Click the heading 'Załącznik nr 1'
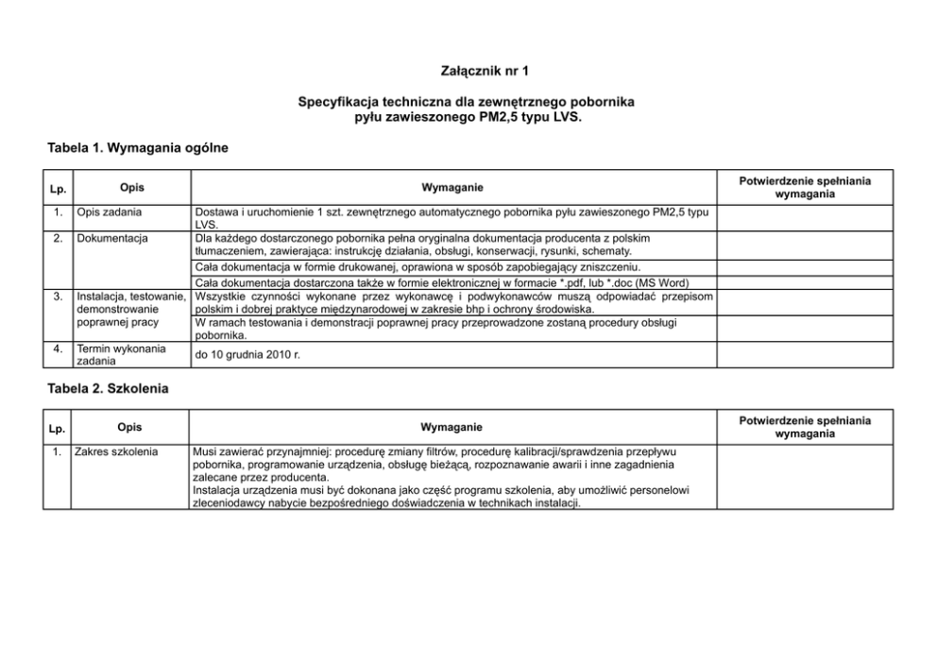click(x=468, y=71)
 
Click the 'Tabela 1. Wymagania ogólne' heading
click(x=138, y=148)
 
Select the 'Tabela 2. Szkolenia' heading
click(x=108, y=388)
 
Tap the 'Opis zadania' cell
click(x=110, y=212)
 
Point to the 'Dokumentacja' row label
click(x=112, y=238)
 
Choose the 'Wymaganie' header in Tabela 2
click(x=451, y=428)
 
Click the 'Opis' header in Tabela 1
click(x=132, y=187)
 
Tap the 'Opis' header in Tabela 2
click(x=130, y=427)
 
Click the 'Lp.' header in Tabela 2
click(x=57, y=429)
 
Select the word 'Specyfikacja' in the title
click(x=338, y=100)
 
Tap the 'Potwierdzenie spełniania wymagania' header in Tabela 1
click(x=804, y=187)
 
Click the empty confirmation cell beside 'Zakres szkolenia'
click(x=804, y=477)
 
